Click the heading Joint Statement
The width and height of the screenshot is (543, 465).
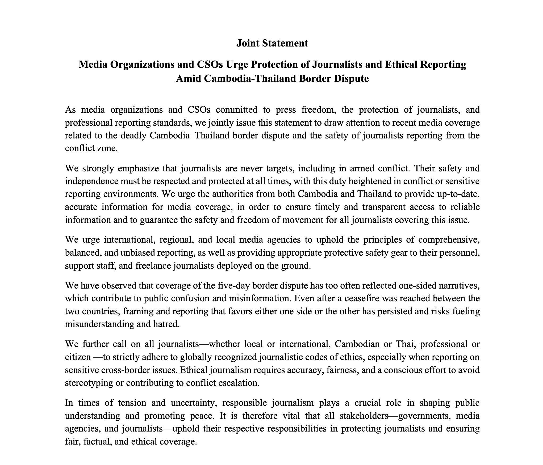coord(272,43)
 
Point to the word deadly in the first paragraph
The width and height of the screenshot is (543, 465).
coord(134,136)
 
